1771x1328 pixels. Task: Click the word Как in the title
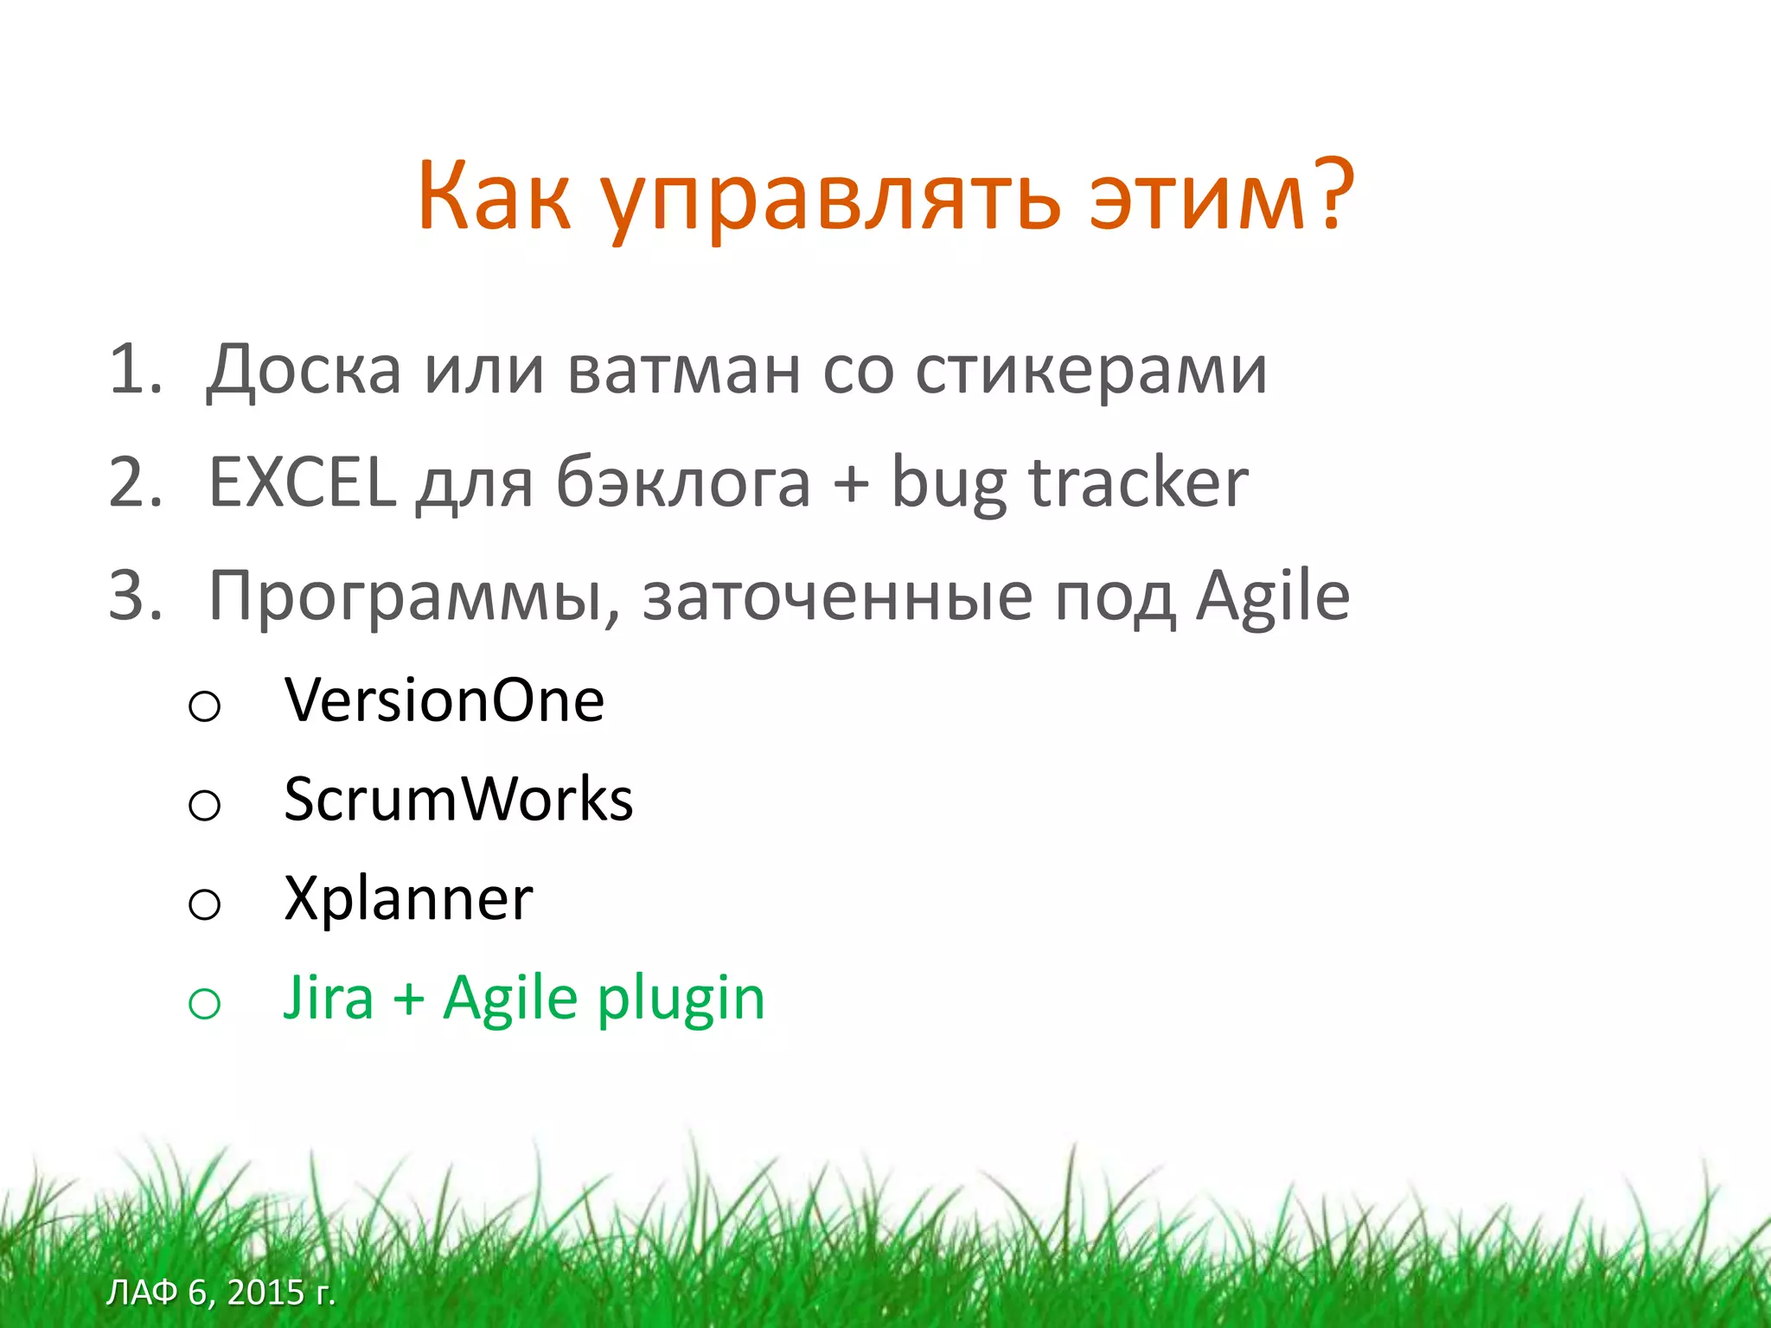pyautogui.click(x=494, y=197)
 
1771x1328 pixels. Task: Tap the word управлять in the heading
pyautogui.click(x=829, y=201)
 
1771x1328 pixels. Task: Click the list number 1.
pyautogui.click(x=134, y=370)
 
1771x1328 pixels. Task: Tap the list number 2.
pyautogui.click(x=135, y=482)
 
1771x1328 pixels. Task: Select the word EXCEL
pyautogui.click(x=303, y=482)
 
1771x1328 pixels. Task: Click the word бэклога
pyautogui.click(x=683, y=482)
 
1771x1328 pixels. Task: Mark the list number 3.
pyautogui.click(x=135, y=596)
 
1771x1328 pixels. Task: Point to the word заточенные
pyautogui.click(x=837, y=597)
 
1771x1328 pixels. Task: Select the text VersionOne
pyautogui.click(x=444, y=699)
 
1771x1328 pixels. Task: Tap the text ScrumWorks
pyautogui.click(x=458, y=799)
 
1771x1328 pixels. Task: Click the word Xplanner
pyautogui.click(x=408, y=899)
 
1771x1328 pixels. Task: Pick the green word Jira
pyautogui.click(x=329, y=999)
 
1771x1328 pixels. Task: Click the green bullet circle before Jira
pyautogui.click(x=204, y=1004)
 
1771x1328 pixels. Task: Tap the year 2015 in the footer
pyautogui.click(x=266, y=1293)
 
